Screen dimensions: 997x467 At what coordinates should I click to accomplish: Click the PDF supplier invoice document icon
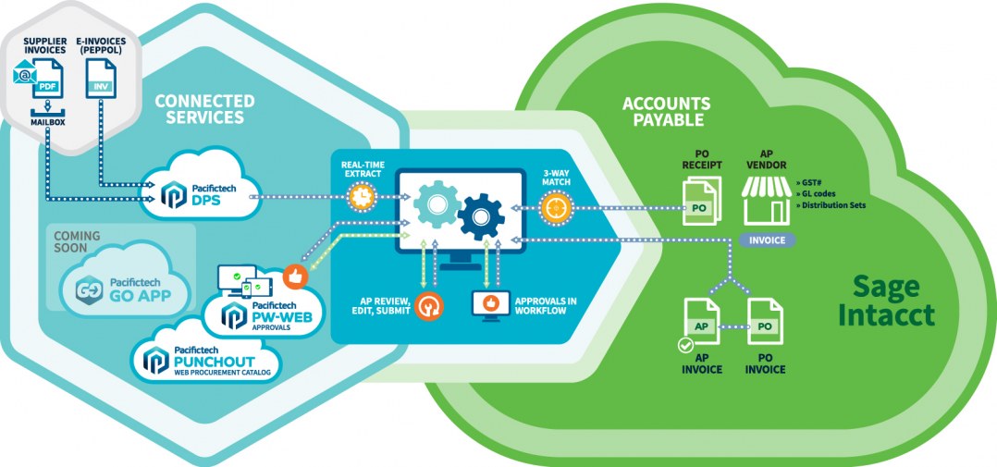(48, 78)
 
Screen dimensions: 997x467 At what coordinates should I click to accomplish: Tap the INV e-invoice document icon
(101, 78)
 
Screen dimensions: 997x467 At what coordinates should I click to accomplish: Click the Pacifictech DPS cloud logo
(173, 194)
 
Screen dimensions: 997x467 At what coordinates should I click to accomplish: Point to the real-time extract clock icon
(361, 197)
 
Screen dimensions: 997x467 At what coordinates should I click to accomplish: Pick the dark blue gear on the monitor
(481, 216)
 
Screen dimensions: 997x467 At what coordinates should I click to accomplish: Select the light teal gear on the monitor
(437, 204)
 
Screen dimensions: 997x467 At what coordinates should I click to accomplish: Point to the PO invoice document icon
(765, 322)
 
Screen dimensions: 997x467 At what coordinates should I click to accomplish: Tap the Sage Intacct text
(886, 301)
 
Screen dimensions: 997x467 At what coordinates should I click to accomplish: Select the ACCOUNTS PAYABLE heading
(666, 112)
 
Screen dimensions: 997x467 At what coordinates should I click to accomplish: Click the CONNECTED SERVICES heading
(204, 109)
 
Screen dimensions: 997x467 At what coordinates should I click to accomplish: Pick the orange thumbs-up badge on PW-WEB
(295, 277)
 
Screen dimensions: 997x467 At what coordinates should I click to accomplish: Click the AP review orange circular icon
(428, 305)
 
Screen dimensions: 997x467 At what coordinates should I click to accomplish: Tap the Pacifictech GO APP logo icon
(90, 289)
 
